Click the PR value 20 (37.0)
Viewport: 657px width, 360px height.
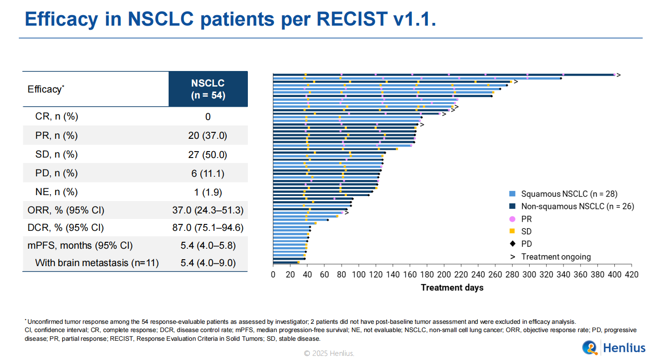tap(208, 136)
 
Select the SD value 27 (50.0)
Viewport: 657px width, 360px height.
tap(208, 155)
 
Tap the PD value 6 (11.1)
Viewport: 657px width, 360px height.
tap(208, 173)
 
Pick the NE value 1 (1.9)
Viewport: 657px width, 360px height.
tap(208, 192)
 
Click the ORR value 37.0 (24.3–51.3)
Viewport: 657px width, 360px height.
tap(208, 211)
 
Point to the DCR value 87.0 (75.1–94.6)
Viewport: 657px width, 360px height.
tap(208, 228)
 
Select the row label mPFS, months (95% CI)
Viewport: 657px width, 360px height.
tap(80, 245)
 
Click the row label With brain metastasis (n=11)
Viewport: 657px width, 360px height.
tap(97, 263)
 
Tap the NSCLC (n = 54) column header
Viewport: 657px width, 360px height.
tap(208, 89)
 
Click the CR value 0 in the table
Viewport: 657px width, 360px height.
tap(208, 117)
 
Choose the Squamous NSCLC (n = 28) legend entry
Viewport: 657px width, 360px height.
tap(572, 194)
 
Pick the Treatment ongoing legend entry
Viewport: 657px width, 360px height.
tap(556, 257)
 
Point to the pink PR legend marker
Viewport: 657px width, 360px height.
tap(512, 219)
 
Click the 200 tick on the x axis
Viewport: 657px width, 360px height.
tap(443, 275)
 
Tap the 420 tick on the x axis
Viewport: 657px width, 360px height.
tap(631, 275)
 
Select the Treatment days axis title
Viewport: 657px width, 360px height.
tap(452, 288)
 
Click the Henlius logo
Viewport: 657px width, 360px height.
tap(613, 348)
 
